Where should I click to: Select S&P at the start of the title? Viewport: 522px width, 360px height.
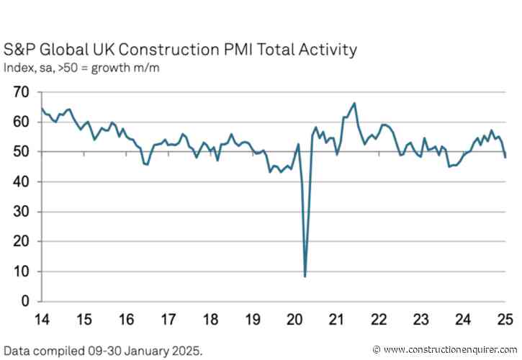(21, 50)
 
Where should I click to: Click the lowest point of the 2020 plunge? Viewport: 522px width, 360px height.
(305, 276)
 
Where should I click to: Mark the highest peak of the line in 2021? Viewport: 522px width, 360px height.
(355, 103)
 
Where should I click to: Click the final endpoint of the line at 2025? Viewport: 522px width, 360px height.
(505, 157)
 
